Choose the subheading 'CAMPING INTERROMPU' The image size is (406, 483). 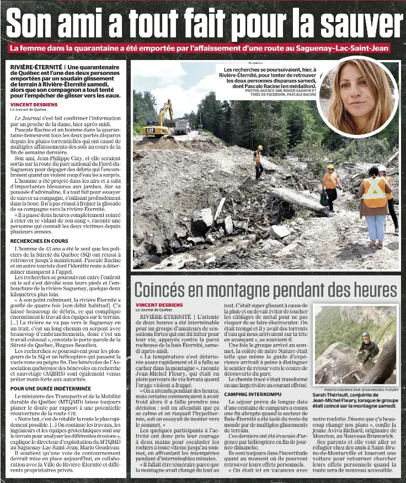pyautogui.click(x=252, y=394)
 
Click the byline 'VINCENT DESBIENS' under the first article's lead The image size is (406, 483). pyautogui.click(x=34, y=104)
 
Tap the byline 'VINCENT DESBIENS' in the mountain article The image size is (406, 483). pyautogui.click(x=159, y=305)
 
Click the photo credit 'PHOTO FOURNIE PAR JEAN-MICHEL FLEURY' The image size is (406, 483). pyautogui.click(x=361, y=389)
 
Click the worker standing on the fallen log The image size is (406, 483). pyautogui.click(x=258, y=162)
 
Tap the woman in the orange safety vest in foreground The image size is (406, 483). pyautogui.click(x=375, y=204)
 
